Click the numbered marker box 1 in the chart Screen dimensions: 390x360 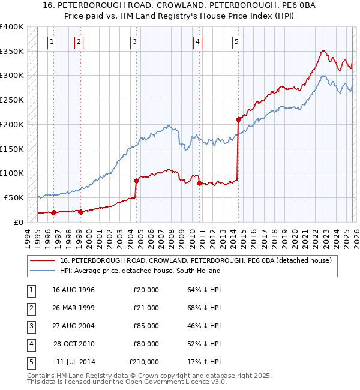click(53, 41)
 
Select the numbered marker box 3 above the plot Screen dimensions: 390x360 click(134, 41)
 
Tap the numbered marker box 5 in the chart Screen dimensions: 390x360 click(237, 41)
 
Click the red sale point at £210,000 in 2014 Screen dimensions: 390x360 click(238, 119)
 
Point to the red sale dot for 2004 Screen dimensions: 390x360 click(137, 180)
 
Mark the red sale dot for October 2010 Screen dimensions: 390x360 click(200, 182)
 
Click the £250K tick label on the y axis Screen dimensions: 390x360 click(12, 100)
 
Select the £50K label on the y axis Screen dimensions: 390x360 click(14, 197)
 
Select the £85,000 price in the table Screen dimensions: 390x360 click(145, 326)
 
